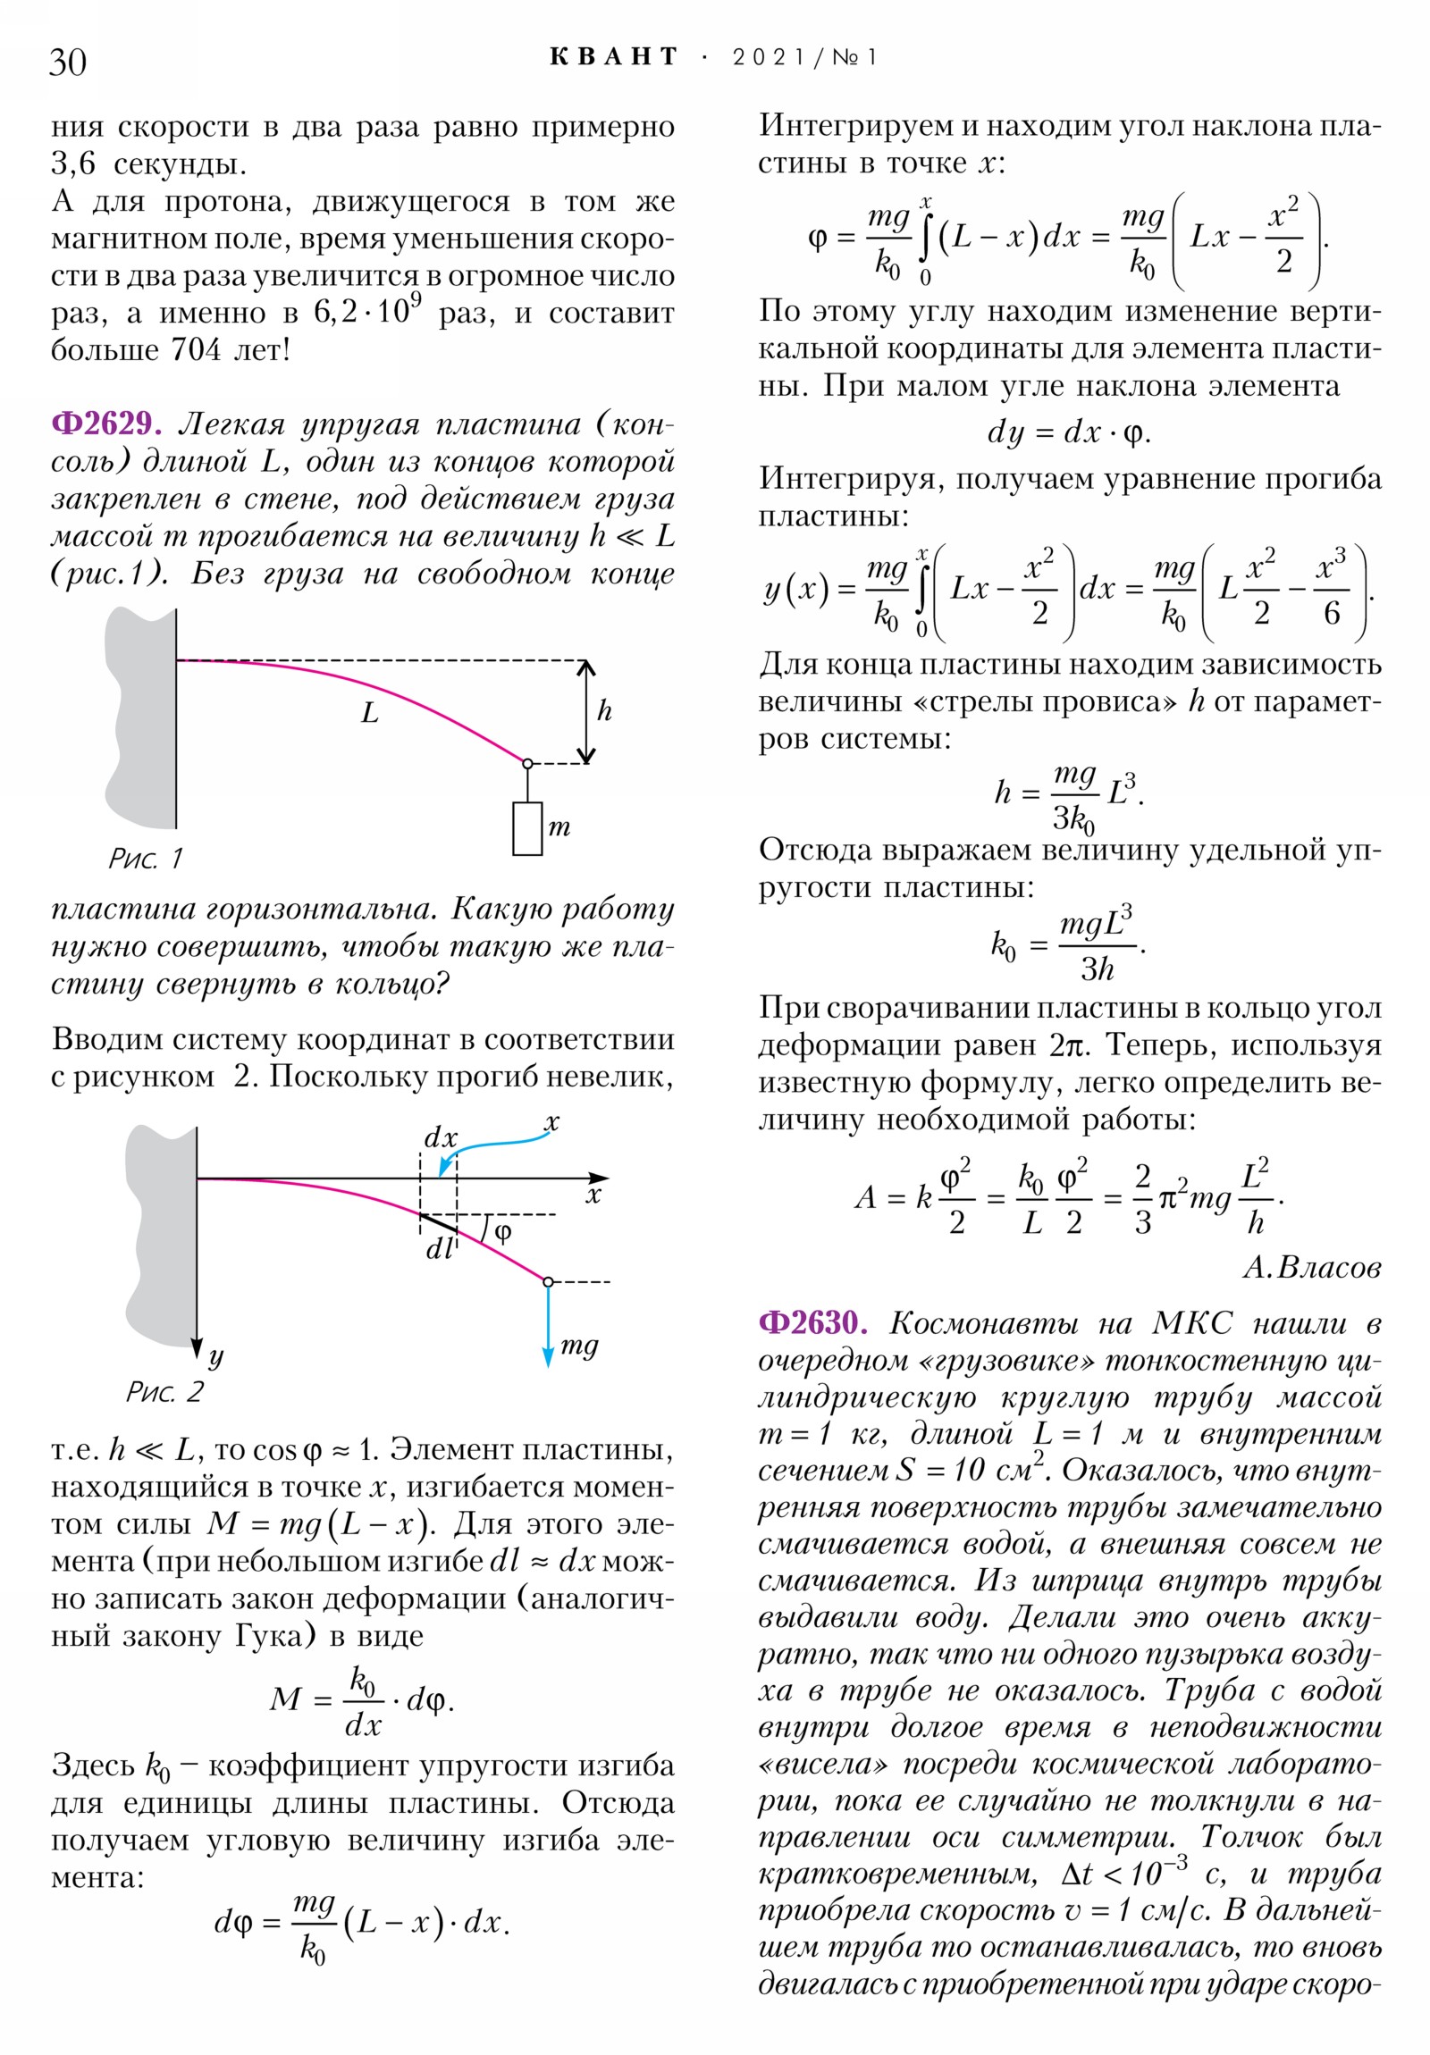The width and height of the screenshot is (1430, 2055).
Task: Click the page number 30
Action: coord(68,62)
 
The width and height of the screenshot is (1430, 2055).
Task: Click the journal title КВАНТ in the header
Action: coord(614,57)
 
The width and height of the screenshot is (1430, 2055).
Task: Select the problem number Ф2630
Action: coord(812,1322)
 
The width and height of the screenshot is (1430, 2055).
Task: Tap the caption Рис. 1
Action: coord(145,859)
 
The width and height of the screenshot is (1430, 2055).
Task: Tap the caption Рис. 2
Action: coord(164,1392)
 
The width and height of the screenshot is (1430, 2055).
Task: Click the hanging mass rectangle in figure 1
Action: coord(527,829)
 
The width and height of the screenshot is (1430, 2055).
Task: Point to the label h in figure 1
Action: coord(604,711)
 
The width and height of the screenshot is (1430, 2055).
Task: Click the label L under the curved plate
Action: coord(370,713)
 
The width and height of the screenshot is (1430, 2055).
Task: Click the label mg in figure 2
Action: coord(578,1346)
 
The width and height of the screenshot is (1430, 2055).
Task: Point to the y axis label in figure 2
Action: coord(215,1358)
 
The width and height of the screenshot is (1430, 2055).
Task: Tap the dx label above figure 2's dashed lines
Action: coord(441,1137)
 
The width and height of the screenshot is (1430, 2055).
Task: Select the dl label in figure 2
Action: coord(440,1248)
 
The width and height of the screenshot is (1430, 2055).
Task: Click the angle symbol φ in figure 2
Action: coord(503,1232)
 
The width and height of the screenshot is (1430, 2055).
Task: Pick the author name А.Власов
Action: coord(1311,1267)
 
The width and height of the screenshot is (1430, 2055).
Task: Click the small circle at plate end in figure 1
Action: coord(527,763)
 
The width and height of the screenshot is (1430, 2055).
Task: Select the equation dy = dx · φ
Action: coord(1068,432)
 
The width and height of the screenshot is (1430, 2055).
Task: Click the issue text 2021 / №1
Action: coord(804,58)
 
